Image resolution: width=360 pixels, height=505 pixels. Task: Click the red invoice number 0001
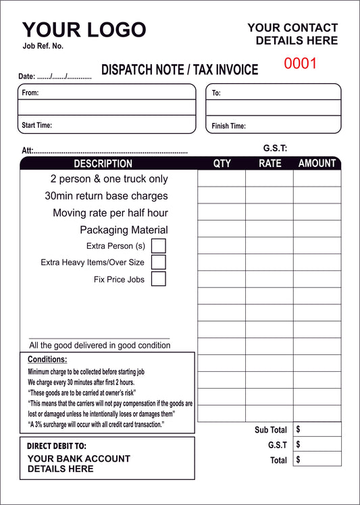pyautogui.click(x=300, y=64)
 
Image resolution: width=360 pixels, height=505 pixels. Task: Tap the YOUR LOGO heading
pyautogui.click(x=84, y=30)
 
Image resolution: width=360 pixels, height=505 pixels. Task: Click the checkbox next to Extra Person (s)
pyautogui.click(x=158, y=245)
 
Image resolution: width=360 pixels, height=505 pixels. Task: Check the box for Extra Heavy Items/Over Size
pyautogui.click(x=158, y=262)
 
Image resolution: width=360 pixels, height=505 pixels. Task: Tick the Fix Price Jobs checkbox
pyautogui.click(x=158, y=279)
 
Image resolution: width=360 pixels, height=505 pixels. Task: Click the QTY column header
pyautogui.click(x=222, y=163)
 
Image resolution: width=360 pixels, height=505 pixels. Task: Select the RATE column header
pyautogui.click(x=269, y=163)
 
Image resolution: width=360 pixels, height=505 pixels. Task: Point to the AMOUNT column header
pyautogui.click(x=317, y=163)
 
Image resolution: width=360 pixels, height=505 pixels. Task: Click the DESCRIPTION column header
pyautogui.click(x=103, y=164)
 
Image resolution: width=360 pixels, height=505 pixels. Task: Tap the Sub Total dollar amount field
pyautogui.click(x=317, y=429)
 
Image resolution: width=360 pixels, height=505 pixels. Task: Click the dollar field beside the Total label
pyautogui.click(x=317, y=460)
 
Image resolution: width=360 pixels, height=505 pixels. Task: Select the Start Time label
pyautogui.click(x=36, y=125)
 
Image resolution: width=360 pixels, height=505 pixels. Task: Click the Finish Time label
pyautogui.click(x=228, y=126)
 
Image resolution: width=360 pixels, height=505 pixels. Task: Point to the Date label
pyautogui.click(x=26, y=76)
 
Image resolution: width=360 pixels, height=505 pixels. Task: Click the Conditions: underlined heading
pyautogui.click(x=47, y=360)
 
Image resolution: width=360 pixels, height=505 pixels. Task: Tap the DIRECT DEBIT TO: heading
pyautogui.click(x=57, y=446)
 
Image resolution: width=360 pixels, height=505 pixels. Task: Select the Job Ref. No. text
pyautogui.click(x=43, y=46)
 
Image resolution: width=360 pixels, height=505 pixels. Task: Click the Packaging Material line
pyautogui.click(x=124, y=230)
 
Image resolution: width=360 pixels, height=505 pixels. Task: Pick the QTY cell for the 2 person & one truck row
pyautogui.click(x=222, y=178)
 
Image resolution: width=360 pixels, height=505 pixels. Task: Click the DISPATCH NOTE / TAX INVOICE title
pyautogui.click(x=180, y=70)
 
